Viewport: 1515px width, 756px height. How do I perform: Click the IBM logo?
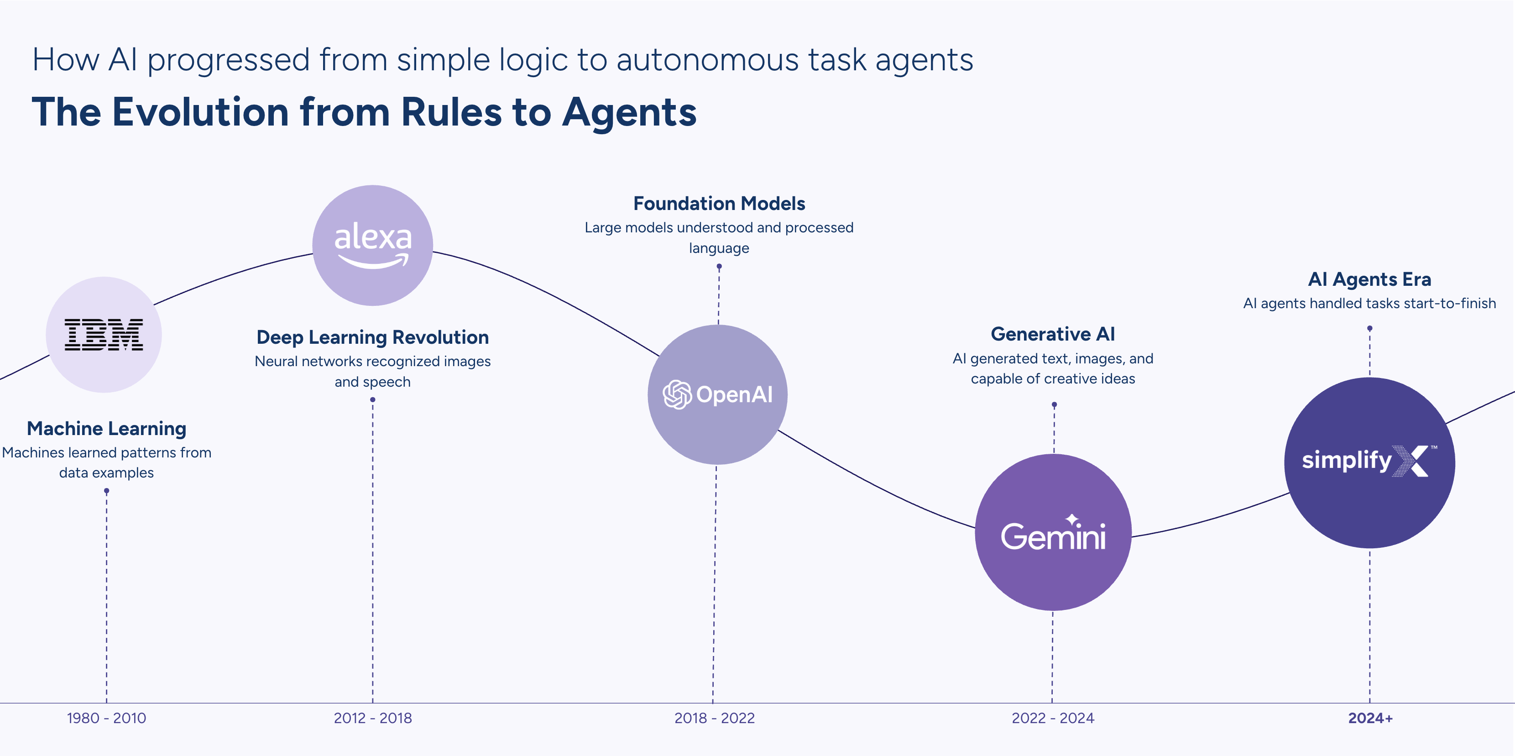click(x=104, y=335)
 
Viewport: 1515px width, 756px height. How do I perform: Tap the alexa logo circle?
click(x=372, y=245)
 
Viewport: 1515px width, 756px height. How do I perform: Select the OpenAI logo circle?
click(x=717, y=394)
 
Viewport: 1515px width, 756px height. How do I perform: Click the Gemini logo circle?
click(x=1053, y=532)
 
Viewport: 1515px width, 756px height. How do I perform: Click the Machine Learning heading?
click(x=106, y=428)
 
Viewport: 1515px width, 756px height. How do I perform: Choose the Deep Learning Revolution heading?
click(x=372, y=337)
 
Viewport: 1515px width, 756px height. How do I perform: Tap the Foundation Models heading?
click(x=719, y=204)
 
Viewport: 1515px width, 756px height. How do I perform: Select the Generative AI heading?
click(x=1053, y=334)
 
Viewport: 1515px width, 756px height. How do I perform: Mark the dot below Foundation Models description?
click(x=719, y=267)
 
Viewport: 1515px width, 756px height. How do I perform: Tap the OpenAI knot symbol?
click(x=677, y=394)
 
